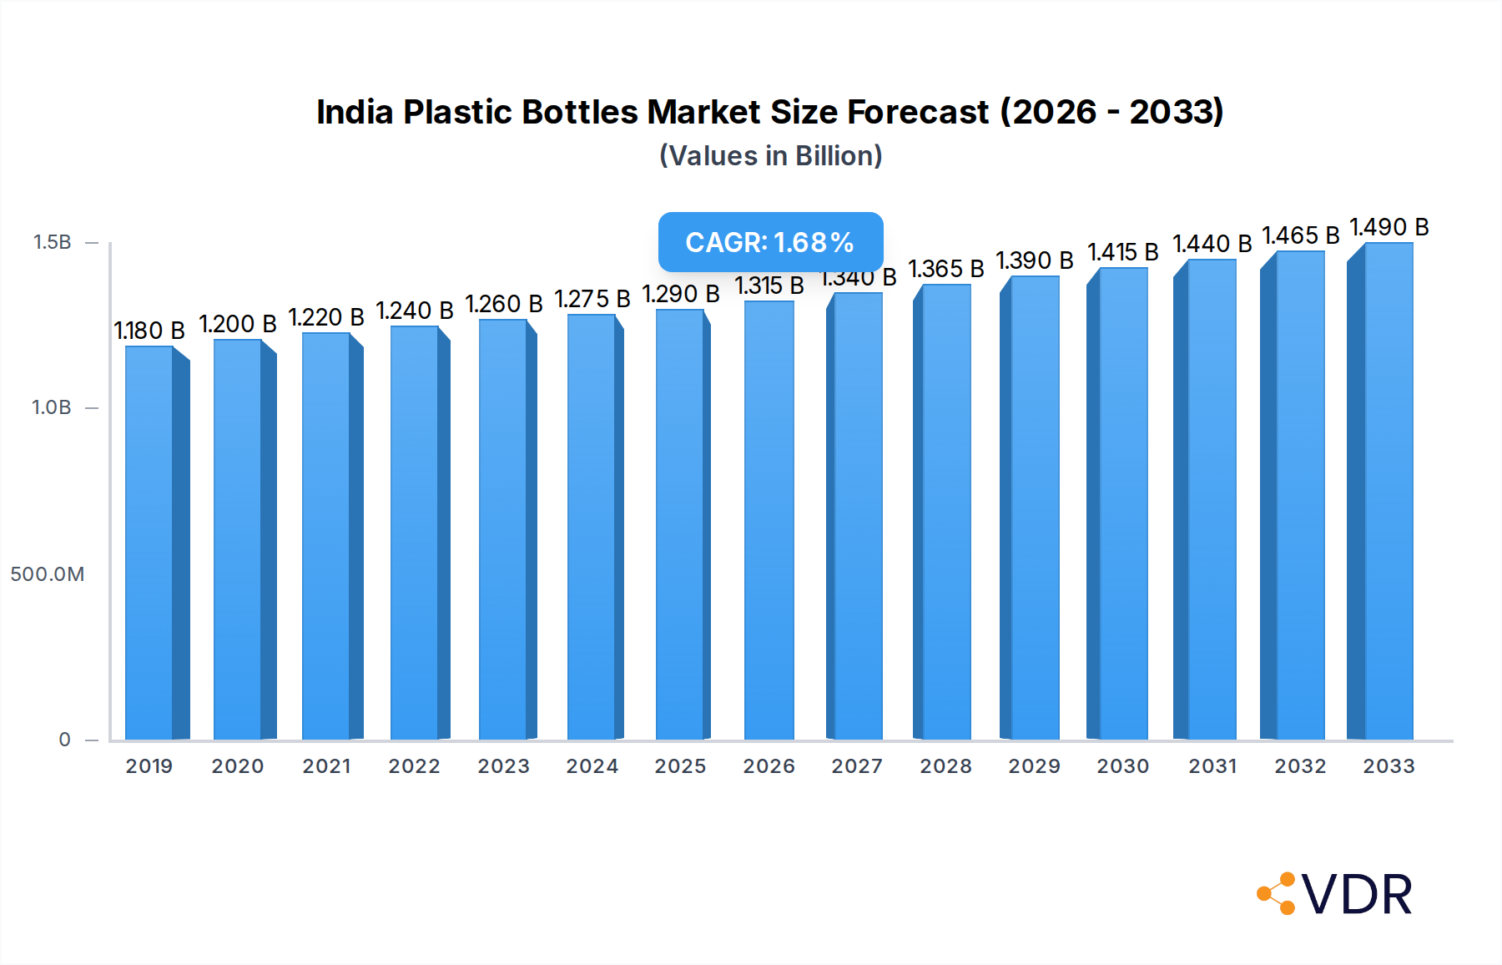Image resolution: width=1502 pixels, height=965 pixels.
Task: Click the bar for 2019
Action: [150, 543]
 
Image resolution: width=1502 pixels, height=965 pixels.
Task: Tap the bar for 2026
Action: [769, 518]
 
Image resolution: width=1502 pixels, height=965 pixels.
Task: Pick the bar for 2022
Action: [415, 534]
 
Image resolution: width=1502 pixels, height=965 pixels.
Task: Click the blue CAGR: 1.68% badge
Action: [770, 242]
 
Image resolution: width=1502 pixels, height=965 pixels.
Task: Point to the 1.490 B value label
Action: [1389, 227]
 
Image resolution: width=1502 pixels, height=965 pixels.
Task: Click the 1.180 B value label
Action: [149, 331]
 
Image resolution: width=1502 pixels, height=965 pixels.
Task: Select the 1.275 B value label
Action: [592, 299]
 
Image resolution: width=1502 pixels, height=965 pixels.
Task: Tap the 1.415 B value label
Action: [1123, 252]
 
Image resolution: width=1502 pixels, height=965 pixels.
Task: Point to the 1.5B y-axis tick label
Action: [52, 242]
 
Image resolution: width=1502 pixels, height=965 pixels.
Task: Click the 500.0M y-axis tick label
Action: [48, 574]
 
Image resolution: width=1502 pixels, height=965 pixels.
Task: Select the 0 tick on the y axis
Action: [64, 740]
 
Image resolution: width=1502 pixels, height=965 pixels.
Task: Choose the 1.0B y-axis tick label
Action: [52, 407]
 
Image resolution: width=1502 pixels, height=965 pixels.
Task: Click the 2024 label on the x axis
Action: [592, 766]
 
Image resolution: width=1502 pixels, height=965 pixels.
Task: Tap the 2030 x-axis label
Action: [1123, 766]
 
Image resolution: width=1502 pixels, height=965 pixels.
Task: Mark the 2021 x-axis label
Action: [327, 766]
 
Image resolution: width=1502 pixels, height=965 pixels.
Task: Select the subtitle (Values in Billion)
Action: [770, 156]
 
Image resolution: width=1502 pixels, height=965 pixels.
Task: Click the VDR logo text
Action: [1357, 895]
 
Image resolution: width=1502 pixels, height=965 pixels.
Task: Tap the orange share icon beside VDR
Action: [1277, 894]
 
